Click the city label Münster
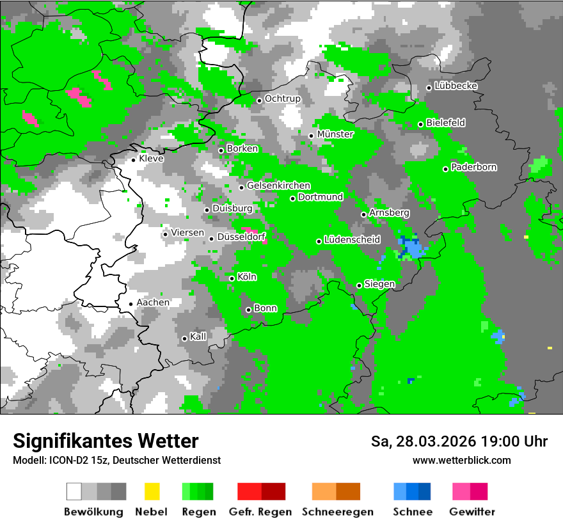coord(335,134)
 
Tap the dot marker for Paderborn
coord(445,169)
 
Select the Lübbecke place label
coord(456,86)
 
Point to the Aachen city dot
coord(131,304)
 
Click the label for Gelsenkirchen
coord(278,186)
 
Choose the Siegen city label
coord(379,284)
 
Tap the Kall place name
coord(198,337)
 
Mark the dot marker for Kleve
coord(133,159)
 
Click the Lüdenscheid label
coord(352,240)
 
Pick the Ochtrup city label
coord(282,99)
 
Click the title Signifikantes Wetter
coord(106,441)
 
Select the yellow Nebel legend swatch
coord(152,491)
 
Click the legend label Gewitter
coord(472,512)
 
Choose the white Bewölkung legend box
coord(74,491)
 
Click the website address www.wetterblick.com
coord(461,460)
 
